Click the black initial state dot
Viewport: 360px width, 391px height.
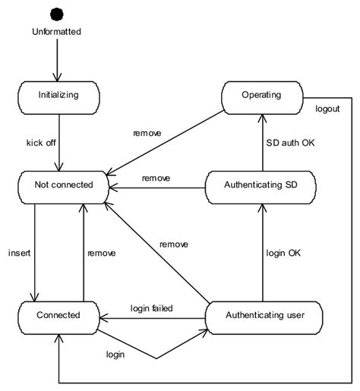point(57,14)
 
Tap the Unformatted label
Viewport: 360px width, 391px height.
point(56,32)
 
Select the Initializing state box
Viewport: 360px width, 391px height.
point(58,98)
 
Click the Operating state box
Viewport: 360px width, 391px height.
point(262,98)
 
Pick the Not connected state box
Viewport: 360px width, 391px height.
point(63,188)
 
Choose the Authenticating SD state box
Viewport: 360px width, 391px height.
point(261,188)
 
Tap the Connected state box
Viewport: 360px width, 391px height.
point(58,318)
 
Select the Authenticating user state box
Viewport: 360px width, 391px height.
point(264,318)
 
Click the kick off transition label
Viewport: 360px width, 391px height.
point(41,143)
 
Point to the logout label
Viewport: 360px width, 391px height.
point(327,109)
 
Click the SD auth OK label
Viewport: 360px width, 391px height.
point(290,143)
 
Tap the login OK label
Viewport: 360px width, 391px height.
point(283,253)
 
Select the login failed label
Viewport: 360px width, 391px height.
point(152,308)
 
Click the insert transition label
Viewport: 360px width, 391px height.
point(19,253)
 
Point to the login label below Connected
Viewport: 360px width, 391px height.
point(115,355)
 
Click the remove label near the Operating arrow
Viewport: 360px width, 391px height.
point(147,133)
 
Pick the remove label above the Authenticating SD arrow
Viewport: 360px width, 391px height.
point(156,178)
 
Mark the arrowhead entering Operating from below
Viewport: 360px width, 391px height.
point(263,118)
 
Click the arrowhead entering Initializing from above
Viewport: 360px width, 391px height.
point(57,77)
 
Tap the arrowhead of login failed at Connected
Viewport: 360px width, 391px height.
point(104,318)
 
